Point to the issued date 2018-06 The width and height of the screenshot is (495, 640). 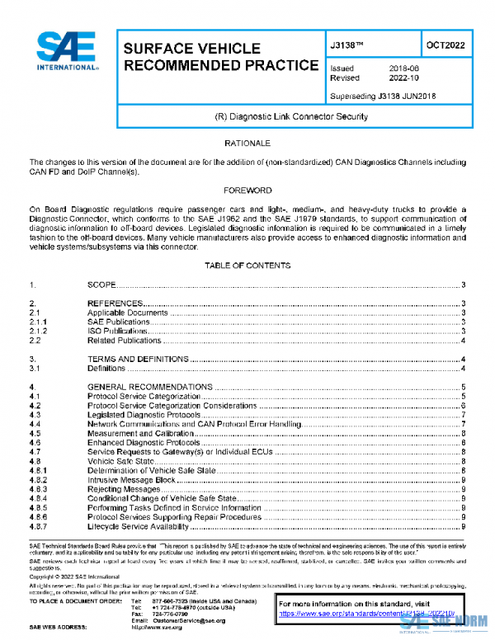click(403, 68)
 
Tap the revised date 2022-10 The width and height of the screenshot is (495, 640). click(403, 78)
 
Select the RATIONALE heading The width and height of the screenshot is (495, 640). click(247, 144)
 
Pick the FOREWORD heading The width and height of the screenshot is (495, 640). click(247, 191)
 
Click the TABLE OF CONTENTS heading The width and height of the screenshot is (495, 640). click(247, 266)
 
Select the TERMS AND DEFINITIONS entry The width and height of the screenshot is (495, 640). click(139, 360)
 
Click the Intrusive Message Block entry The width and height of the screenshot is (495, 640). click(131, 479)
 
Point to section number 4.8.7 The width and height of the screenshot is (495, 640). click(40, 526)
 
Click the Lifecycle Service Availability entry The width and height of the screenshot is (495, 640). click(140, 526)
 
